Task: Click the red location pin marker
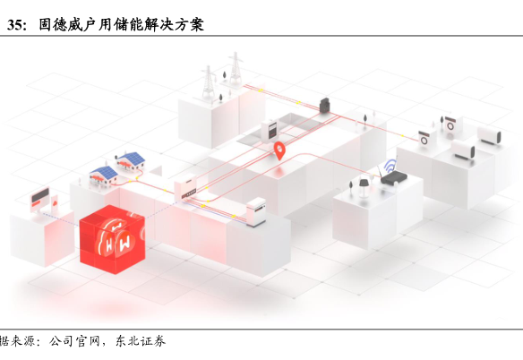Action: [279, 150]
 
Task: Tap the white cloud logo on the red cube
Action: [115, 238]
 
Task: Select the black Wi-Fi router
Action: [393, 178]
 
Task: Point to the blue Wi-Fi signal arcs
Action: [390, 165]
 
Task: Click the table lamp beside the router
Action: [364, 186]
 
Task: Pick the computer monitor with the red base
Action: [39, 198]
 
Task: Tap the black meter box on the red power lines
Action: [325, 106]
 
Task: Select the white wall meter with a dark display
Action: [270, 130]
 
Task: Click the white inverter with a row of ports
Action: [185, 187]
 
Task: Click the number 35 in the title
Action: [15, 25]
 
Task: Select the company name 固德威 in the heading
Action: [61, 25]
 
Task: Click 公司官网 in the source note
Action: [74, 341]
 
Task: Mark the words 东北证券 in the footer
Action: [141, 341]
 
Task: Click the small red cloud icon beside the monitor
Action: [55, 201]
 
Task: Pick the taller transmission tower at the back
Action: [236, 67]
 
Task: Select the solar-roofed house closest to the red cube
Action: [104, 176]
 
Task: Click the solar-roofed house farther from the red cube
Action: [131, 161]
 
